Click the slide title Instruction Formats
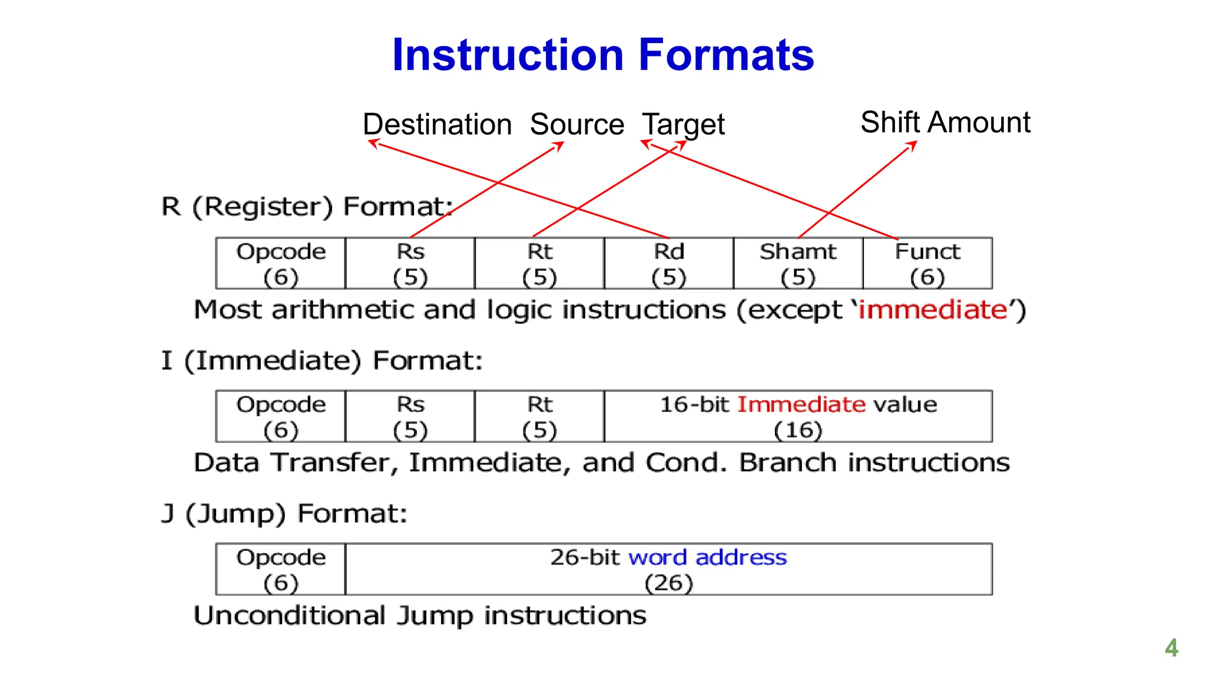602,55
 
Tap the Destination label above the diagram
437,124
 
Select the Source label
577,124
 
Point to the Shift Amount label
945,122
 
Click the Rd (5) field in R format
668,264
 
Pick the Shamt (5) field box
798,264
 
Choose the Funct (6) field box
927,264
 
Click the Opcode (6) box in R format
281,264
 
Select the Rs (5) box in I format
410,417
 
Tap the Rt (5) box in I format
539,417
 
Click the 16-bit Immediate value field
798,417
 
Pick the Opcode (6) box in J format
281,569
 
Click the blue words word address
707,557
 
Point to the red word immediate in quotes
933,310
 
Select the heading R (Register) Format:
307,207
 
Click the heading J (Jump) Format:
284,513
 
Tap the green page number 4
1171,648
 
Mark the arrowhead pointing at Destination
372,142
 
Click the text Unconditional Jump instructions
420,616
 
